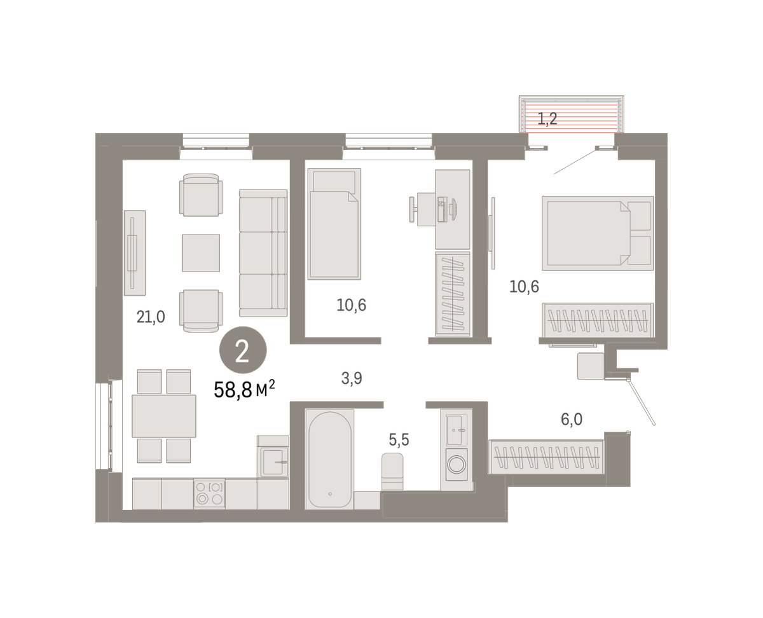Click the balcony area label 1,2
[x=547, y=119]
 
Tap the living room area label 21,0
[x=151, y=317]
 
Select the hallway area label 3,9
[x=352, y=378]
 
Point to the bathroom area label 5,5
[x=399, y=439]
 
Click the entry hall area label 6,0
[x=572, y=419]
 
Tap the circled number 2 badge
[x=243, y=350]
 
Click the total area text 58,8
[x=233, y=390]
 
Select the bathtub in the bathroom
[x=329, y=459]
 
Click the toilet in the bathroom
[x=392, y=471]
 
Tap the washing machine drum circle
[x=457, y=465]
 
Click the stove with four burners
[x=210, y=493]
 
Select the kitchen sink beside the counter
[x=273, y=462]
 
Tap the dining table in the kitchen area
[x=163, y=416]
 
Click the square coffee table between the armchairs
[x=200, y=253]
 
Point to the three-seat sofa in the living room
[x=263, y=253]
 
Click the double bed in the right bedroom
[x=598, y=233]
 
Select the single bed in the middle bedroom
[x=334, y=224]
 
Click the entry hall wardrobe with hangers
[x=546, y=457]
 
